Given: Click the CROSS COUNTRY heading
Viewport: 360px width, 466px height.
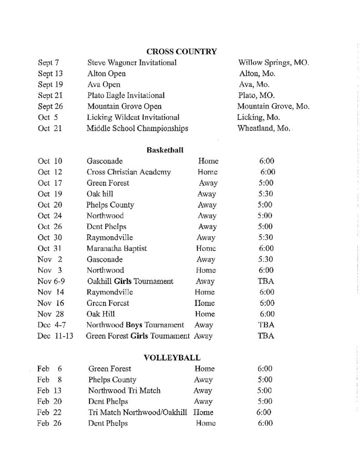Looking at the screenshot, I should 181,51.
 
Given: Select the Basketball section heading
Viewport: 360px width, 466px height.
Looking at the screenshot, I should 165,150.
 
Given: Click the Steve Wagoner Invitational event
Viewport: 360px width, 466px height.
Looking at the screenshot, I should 132,62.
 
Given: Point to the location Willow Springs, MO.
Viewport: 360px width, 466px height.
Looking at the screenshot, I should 274,62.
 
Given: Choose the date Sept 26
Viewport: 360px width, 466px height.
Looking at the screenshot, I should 51,106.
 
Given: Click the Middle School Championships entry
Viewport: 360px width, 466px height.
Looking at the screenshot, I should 137,128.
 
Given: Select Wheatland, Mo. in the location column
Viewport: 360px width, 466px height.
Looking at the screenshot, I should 264,128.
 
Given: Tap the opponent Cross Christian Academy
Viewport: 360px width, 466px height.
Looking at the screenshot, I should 129,172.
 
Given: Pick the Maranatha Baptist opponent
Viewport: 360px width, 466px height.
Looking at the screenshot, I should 117,248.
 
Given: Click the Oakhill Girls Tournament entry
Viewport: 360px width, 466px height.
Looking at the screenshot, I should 130,281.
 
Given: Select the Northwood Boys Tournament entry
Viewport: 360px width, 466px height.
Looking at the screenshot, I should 135,325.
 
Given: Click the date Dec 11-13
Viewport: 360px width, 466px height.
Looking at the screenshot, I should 56,336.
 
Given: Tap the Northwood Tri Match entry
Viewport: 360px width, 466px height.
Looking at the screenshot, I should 124,390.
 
